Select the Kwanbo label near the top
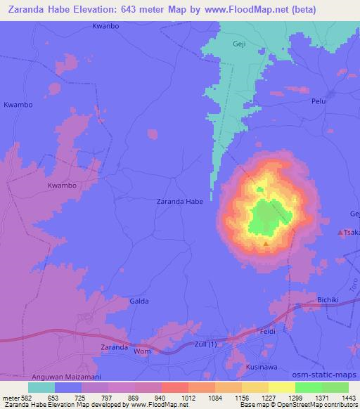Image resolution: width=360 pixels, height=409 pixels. coord(106,27)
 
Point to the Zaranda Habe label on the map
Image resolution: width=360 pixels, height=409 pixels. coord(179,202)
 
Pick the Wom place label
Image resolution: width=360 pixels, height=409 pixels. coord(142,351)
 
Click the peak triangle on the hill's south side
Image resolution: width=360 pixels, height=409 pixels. coord(265,244)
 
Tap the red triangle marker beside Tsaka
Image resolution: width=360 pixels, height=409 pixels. coord(342,232)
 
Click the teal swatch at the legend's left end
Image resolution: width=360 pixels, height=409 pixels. coord(41,387)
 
